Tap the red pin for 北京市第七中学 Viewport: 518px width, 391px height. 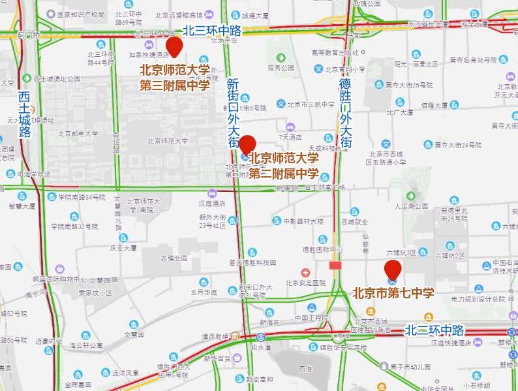point(392,269)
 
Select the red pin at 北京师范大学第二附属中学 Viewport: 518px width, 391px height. point(247,145)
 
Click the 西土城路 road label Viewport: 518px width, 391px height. point(25,115)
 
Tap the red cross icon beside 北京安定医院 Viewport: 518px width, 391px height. point(305,272)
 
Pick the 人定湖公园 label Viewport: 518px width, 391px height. point(411,206)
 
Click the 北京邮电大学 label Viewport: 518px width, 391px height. point(78,134)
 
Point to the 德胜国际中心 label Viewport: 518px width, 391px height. point(322,249)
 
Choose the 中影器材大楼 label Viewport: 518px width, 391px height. point(303,221)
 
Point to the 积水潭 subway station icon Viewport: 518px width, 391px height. point(260,337)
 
